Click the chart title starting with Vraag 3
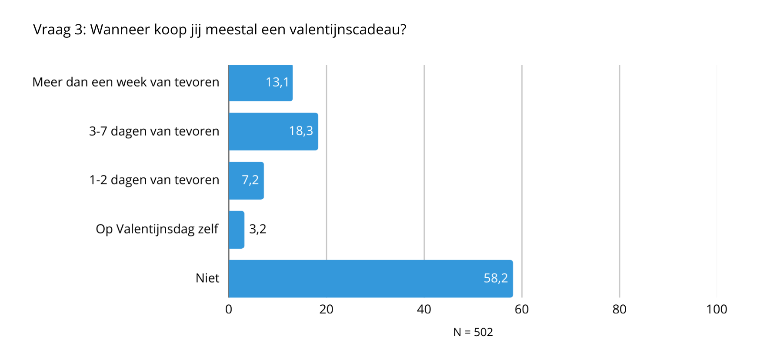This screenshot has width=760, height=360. (220, 30)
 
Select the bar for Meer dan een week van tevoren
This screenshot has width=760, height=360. (252, 83)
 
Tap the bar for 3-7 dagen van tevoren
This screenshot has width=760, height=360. (261, 131)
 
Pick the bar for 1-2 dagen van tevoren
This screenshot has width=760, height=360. (237, 180)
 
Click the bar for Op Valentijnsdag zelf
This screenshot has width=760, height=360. (237, 230)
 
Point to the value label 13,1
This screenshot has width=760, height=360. (277, 82)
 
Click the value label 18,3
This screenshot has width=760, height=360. (301, 131)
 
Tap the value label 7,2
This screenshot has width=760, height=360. (250, 180)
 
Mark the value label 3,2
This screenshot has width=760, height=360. (257, 229)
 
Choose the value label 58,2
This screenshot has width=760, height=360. (496, 278)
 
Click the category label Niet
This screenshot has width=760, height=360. (207, 278)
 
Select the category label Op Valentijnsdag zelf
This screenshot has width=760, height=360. (157, 229)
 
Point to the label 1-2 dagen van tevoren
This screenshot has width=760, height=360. (154, 180)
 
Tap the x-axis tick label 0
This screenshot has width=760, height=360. (229, 309)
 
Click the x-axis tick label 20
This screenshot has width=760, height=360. (326, 309)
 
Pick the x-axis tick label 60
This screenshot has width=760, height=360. (521, 309)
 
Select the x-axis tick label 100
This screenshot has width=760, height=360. (717, 309)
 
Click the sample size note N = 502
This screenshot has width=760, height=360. (473, 332)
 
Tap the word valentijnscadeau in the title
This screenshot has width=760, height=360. (347, 30)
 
